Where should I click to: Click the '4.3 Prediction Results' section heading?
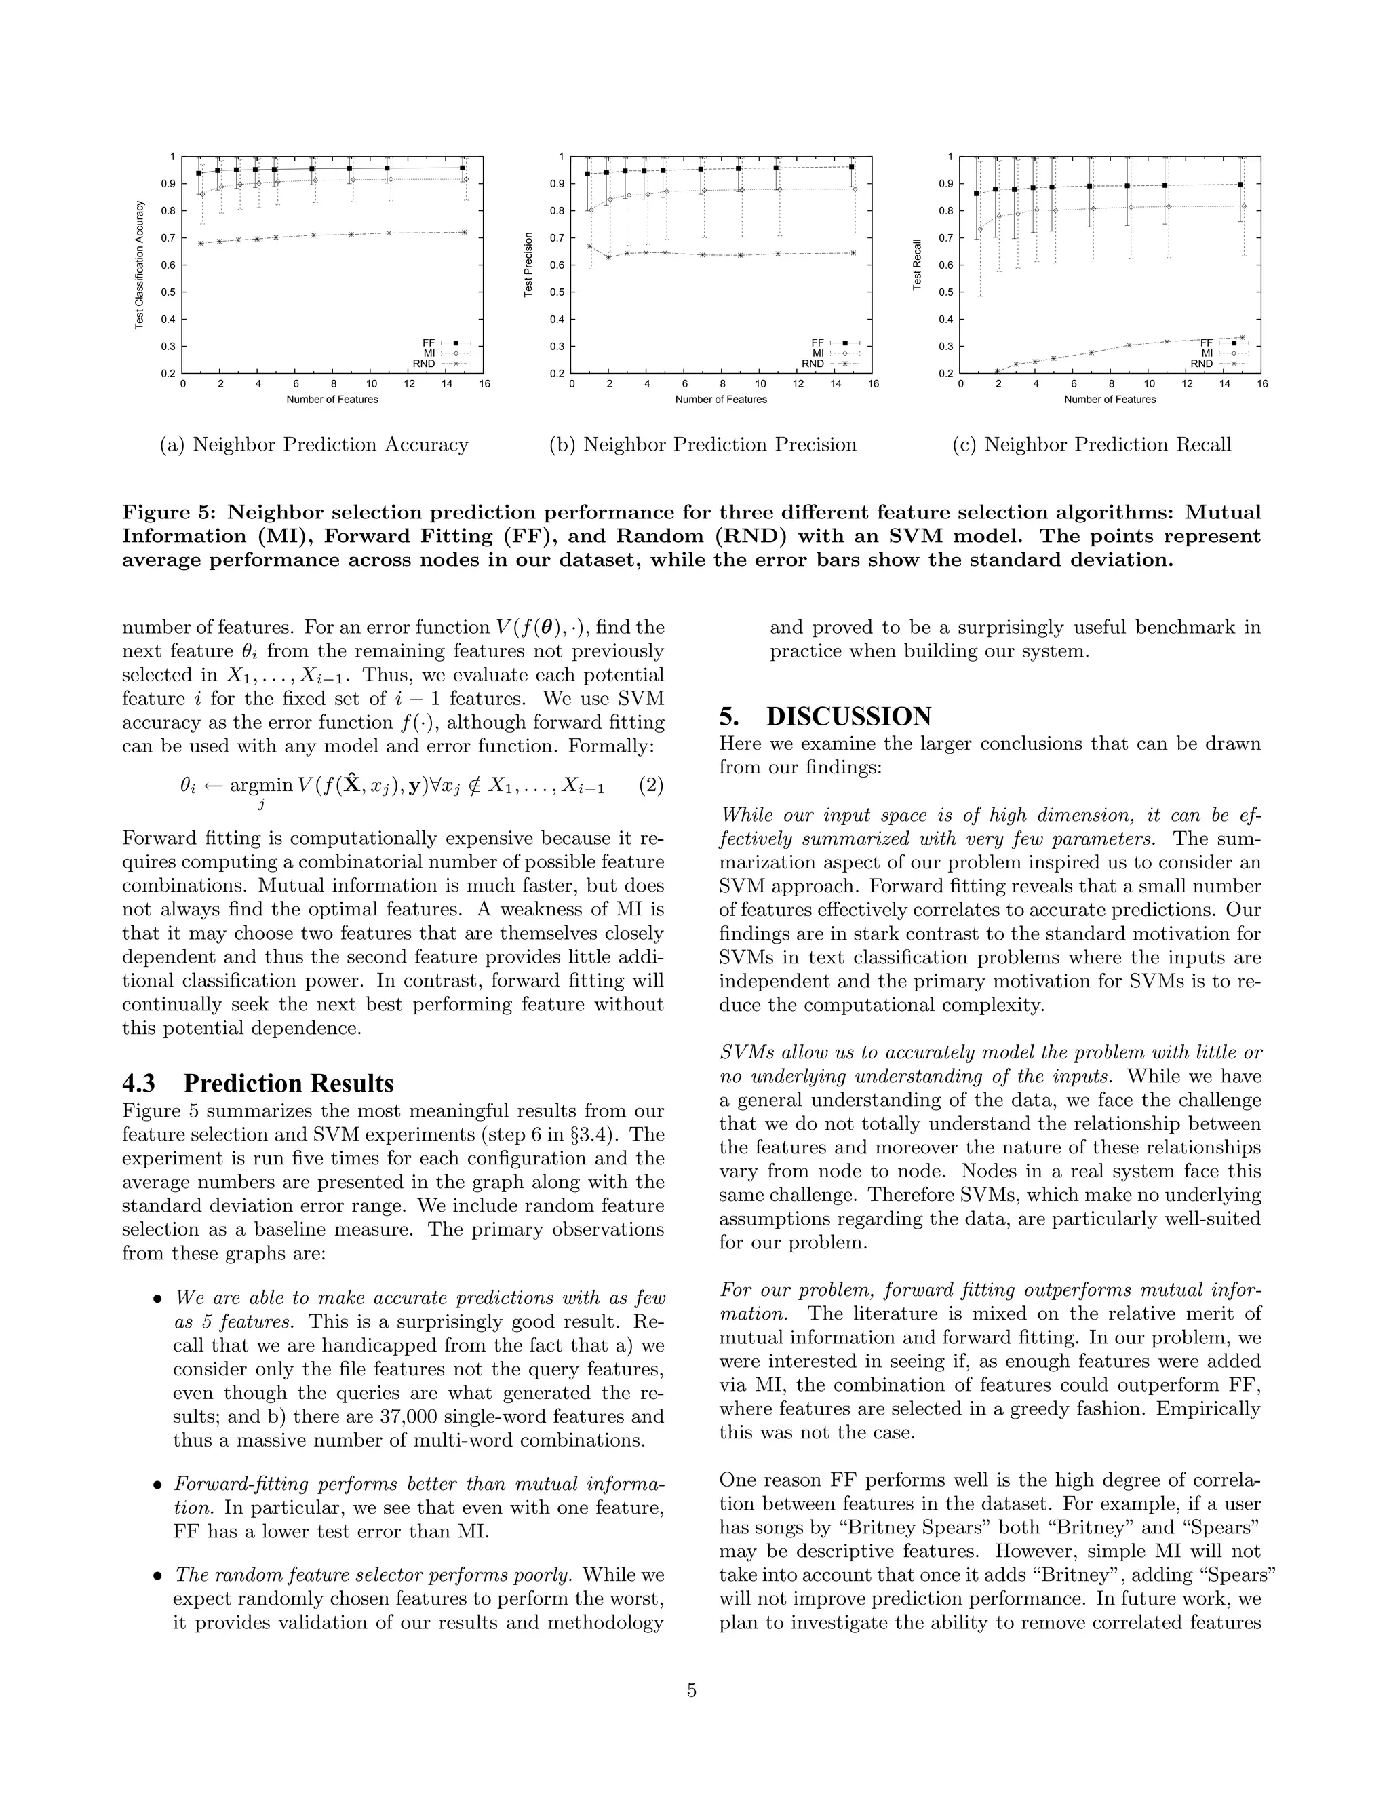258,1083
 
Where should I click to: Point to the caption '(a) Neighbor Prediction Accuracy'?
314,444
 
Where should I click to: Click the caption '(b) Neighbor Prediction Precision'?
703,444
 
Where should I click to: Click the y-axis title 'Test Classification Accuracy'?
140,264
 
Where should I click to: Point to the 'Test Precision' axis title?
529,264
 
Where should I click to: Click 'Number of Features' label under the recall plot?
1110,399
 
